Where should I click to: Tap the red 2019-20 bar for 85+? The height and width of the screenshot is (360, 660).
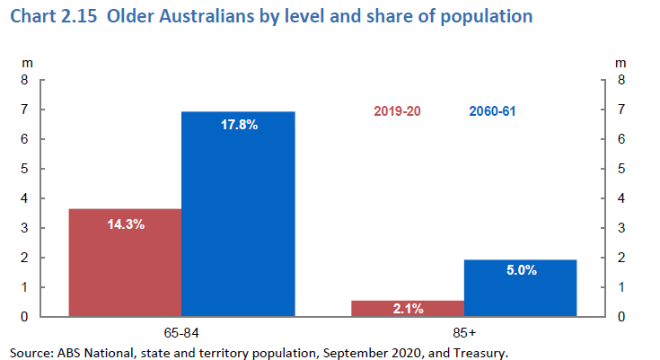407,308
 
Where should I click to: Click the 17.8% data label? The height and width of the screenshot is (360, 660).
239,125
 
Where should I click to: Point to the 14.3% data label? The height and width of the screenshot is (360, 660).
126,224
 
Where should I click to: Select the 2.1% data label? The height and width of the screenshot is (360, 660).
408,309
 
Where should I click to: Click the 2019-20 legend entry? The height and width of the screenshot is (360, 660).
397,112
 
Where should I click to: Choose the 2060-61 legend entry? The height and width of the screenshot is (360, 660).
492,112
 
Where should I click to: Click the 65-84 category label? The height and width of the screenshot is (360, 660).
181,330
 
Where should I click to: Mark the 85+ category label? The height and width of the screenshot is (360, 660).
464,330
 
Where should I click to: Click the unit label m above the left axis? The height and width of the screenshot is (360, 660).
27,63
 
